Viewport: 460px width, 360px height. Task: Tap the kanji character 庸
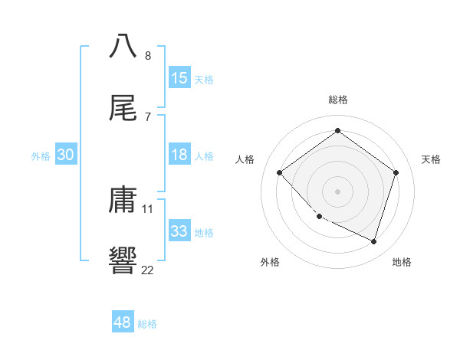coord(123,200)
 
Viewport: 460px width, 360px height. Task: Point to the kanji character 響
coord(123,260)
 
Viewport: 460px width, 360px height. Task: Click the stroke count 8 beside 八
coord(148,55)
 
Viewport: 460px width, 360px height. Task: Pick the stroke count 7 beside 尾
coord(148,117)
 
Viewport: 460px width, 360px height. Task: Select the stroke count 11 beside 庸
coord(148,208)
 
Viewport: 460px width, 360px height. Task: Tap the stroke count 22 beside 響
coord(148,270)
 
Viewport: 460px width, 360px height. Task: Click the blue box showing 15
coord(179,78)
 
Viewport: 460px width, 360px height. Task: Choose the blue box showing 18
coord(179,155)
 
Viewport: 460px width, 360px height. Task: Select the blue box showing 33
coord(179,231)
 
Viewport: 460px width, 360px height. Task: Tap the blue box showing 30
coord(65,155)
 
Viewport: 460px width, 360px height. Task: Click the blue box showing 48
coord(122,322)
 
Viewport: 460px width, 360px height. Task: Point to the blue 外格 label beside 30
coord(41,156)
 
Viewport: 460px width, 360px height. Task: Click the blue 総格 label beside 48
coord(147,324)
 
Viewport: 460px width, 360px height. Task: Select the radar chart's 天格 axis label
coord(431,159)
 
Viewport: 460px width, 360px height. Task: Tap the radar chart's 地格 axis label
coord(402,262)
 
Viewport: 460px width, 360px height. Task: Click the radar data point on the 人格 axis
coord(280,172)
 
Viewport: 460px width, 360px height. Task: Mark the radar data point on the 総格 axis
coord(337,131)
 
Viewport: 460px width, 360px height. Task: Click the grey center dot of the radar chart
coord(337,191)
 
